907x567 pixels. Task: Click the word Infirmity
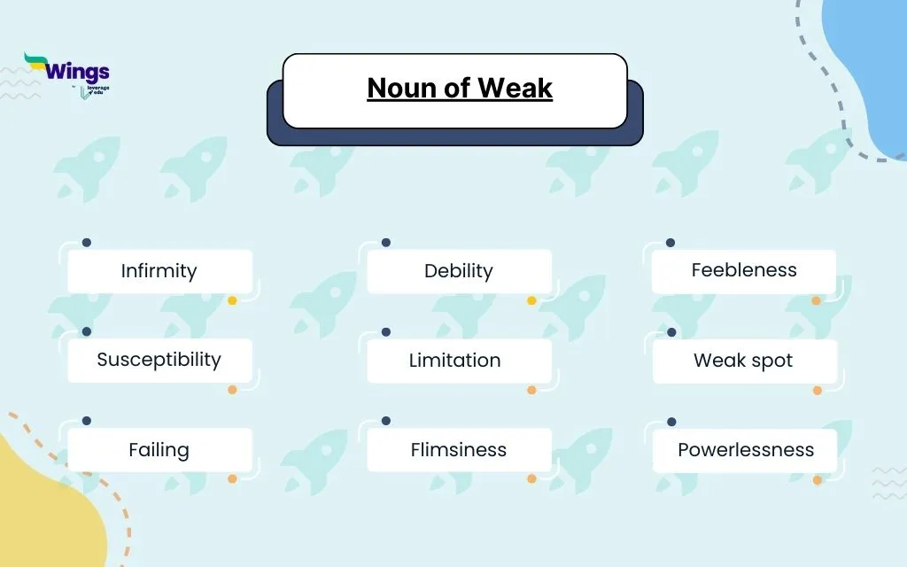159,271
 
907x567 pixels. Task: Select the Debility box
459,271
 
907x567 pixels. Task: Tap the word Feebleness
744,270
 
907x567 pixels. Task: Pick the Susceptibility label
159,360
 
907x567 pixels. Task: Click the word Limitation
454,361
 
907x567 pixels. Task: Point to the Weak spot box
744,361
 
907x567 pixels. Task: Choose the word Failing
159,449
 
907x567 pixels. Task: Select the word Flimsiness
458,449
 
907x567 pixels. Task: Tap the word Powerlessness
745,449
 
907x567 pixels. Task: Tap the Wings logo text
77,72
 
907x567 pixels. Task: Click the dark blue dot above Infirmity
86,242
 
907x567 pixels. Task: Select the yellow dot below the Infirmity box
232,300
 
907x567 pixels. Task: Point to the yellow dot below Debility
531,300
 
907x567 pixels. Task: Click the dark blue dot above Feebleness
671,242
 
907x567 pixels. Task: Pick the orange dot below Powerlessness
818,480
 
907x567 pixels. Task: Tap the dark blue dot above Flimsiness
385,421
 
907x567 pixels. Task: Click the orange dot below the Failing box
232,478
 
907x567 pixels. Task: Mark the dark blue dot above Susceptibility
86,331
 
